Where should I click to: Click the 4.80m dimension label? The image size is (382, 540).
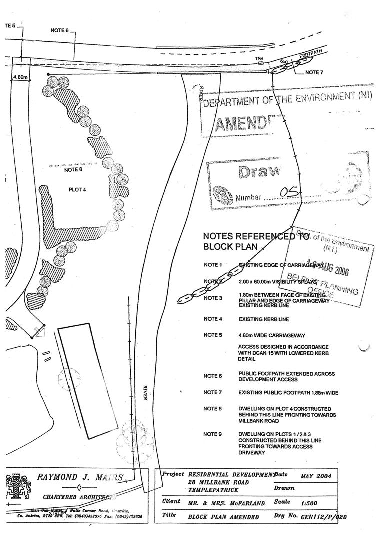coord(20,78)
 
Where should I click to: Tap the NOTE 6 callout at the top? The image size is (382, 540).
coord(59,30)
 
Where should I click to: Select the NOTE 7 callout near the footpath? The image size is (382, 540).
coord(314,72)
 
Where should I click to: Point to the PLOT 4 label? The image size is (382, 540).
coord(78,189)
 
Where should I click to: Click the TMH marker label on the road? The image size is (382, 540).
coord(259,59)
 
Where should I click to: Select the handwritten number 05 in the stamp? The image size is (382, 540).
coord(289,192)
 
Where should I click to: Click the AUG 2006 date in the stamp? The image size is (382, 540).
coord(330,270)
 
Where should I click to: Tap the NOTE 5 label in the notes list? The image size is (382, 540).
coord(213,335)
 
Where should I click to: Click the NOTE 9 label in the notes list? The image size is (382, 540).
coord(213,434)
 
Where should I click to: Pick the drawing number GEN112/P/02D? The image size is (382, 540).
coord(323,517)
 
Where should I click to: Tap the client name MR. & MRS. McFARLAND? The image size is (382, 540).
coord(223,501)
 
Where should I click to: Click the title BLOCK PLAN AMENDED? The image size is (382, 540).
coord(223,517)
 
